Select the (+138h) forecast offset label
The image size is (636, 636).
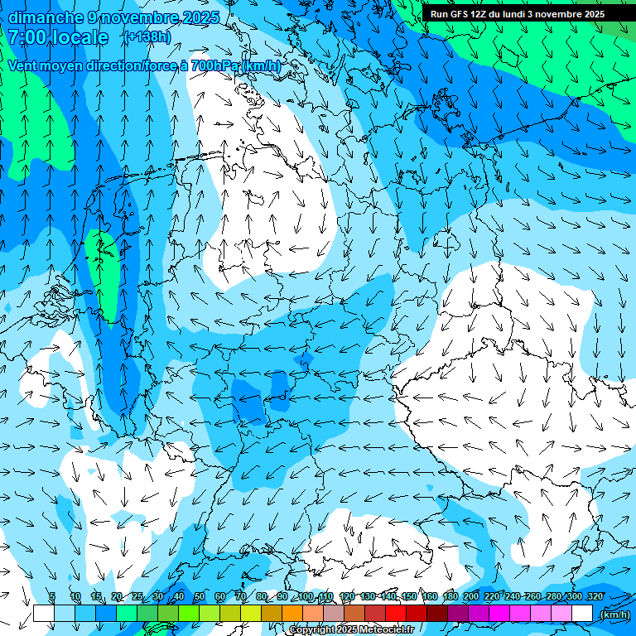[x=147, y=37]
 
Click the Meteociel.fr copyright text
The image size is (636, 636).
[x=351, y=630]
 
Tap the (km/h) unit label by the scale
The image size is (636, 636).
[x=614, y=614]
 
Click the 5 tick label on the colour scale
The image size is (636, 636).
[x=53, y=597]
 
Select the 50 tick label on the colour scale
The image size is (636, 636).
[x=200, y=597]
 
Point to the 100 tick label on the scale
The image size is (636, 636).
[x=306, y=597]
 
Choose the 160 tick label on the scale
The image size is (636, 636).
[x=430, y=597]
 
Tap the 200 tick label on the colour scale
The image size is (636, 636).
[x=471, y=597]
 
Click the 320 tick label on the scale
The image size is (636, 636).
[x=595, y=597]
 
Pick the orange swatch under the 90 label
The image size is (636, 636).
[x=292, y=614]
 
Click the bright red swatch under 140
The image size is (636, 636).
[x=396, y=614]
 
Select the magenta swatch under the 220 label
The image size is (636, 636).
[x=499, y=614]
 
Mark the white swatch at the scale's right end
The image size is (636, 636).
[x=582, y=614]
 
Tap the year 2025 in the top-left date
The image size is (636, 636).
[x=200, y=17]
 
